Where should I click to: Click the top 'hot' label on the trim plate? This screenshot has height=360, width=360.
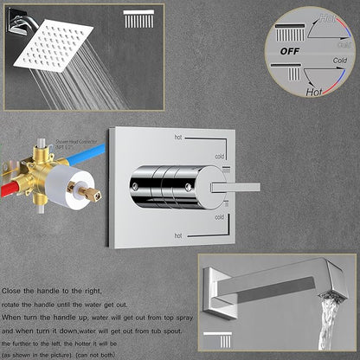point(178,137)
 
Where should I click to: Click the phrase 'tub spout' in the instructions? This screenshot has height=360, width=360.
point(152,318)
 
